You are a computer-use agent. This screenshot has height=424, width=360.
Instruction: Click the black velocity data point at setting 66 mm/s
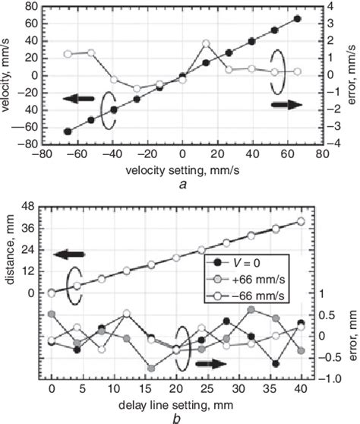click(x=297, y=19)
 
